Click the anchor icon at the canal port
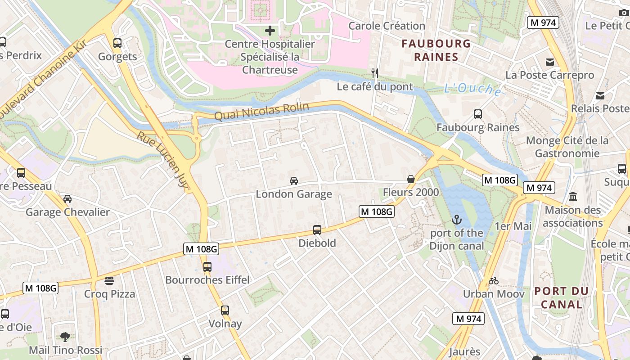(457, 220)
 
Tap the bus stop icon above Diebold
(317, 230)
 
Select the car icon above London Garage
(294, 181)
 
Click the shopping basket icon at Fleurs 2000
(411, 179)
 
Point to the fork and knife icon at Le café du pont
(375, 73)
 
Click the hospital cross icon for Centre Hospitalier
(270, 31)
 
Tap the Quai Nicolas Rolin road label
(261, 111)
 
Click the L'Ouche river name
(472, 89)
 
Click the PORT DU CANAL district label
(561, 297)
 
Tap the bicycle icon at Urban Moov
(494, 281)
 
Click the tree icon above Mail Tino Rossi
(65, 337)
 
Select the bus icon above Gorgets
(117, 43)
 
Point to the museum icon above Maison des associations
(573, 197)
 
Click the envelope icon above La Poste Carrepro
(550, 62)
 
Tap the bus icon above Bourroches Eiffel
(207, 266)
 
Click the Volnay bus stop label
(225, 324)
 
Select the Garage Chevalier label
(67, 212)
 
